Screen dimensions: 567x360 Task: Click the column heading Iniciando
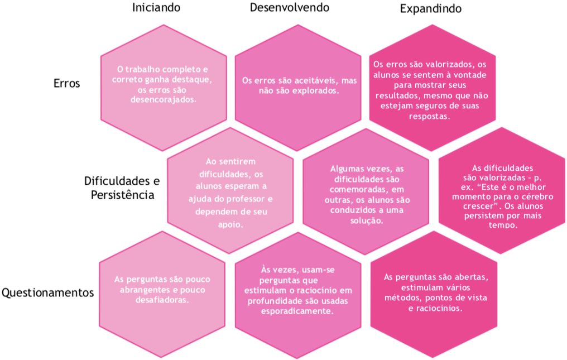coord(156,8)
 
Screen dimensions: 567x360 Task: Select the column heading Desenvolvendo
coord(290,8)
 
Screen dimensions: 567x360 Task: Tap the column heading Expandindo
coord(431,9)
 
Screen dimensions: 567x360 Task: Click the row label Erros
coord(66,83)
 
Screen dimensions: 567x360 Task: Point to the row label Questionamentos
coord(48,292)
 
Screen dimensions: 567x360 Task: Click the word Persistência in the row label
coord(123,195)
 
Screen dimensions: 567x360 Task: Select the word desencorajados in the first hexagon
coord(163,99)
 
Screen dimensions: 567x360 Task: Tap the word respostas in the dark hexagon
coord(429,117)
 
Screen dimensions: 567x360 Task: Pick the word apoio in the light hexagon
coord(230,225)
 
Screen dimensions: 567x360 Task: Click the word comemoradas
coord(367,189)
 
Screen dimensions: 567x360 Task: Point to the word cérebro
coord(538,196)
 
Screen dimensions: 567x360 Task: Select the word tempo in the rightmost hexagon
coord(503,225)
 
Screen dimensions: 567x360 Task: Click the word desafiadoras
coord(162,300)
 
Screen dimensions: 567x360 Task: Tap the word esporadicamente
coord(297,311)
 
